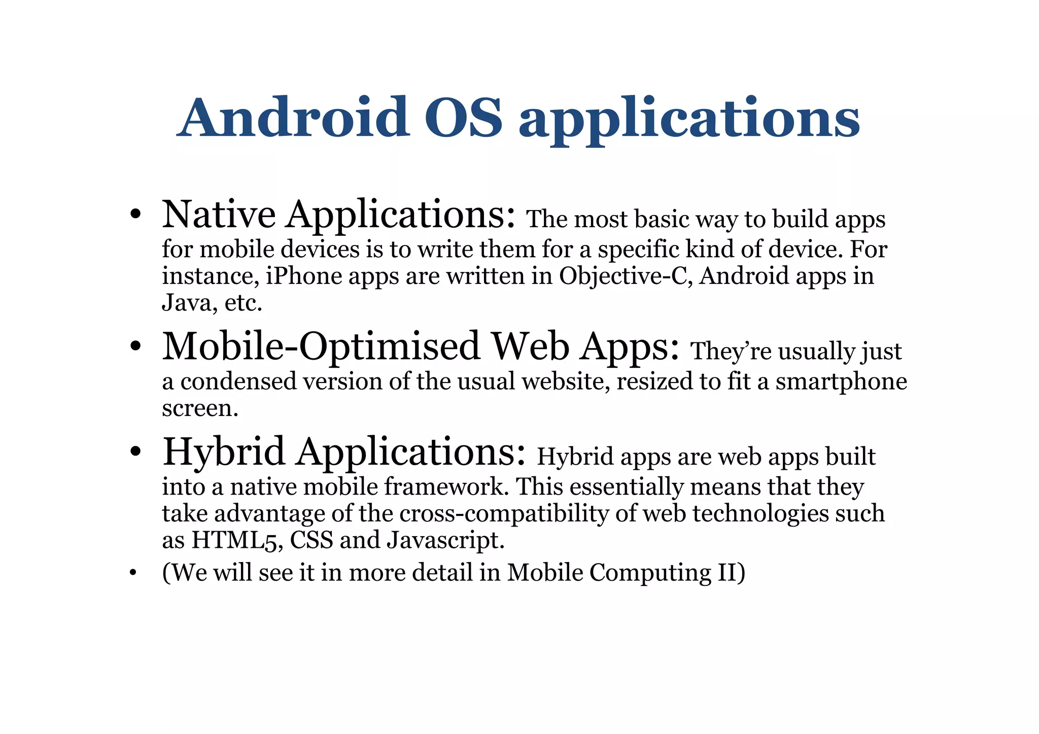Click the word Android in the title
point(294,118)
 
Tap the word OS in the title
point(463,118)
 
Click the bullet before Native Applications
point(134,215)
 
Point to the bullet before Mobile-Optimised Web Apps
point(134,347)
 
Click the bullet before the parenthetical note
point(133,573)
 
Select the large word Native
point(219,215)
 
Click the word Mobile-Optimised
point(321,347)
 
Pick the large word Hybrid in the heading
point(223,451)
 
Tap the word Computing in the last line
point(650,573)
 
